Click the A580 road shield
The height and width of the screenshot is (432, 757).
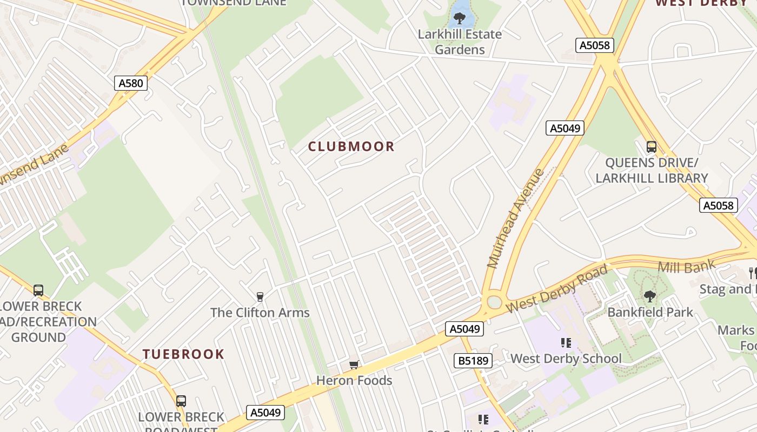tap(131, 83)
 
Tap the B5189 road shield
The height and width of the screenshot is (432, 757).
tap(473, 361)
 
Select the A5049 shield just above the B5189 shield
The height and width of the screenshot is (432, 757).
tap(464, 329)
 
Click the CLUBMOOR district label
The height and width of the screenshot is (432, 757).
tap(351, 146)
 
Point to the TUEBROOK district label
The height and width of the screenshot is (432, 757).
tap(183, 354)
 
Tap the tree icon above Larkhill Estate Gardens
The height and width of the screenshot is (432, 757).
tap(460, 19)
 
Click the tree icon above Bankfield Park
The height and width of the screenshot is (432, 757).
tap(649, 296)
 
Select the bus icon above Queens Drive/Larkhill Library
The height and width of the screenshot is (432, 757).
tap(651, 146)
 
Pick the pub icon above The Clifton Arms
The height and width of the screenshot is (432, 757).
tap(260, 296)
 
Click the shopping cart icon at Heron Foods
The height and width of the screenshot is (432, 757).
tap(354, 364)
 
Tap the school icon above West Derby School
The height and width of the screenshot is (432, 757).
tap(566, 342)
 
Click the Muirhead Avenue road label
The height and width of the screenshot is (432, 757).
tap(516, 218)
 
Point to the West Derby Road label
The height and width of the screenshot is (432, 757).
tap(557, 289)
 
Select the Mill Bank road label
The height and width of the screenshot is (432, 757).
tap(686, 266)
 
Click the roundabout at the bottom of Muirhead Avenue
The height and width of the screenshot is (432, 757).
tap(494, 302)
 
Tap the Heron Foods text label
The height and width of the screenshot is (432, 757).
tap(354, 381)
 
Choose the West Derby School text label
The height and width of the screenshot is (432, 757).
tap(566, 359)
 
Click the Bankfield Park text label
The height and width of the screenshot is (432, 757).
tap(650, 312)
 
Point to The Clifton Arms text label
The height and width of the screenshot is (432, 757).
tap(260, 313)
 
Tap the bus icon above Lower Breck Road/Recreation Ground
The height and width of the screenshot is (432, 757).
tap(38, 291)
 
